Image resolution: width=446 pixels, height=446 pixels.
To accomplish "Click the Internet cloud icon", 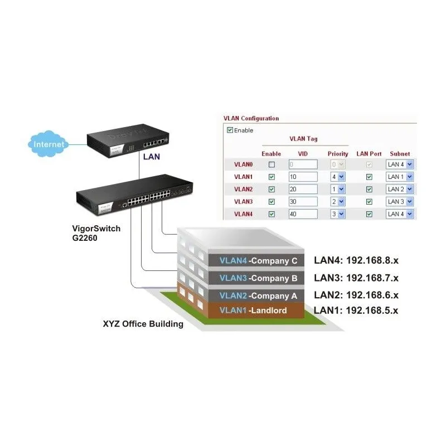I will pyautogui.click(x=49, y=144).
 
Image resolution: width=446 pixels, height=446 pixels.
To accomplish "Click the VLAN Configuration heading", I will pyautogui.click(x=251, y=118).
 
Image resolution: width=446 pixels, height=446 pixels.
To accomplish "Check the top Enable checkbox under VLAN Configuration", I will pyautogui.click(x=230, y=130).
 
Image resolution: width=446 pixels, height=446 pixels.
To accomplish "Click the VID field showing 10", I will pyautogui.click(x=303, y=177).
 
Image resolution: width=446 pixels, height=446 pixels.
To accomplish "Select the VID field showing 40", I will pyautogui.click(x=303, y=214).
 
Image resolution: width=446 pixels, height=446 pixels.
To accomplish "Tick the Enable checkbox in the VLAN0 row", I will pyautogui.click(x=272, y=164).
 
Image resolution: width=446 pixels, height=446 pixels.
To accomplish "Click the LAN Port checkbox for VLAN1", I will pyautogui.click(x=369, y=177).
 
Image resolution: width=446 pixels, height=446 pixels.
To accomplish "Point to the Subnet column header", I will pyautogui.click(x=400, y=153).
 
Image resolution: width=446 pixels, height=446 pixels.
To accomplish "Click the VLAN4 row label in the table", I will pyautogui.click(x=243, y=214).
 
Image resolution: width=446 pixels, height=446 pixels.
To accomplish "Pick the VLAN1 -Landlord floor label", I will pyautogui.click(x=253, y=311).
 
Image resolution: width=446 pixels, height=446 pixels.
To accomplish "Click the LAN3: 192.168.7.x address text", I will pyautogui.click(x=356, y=278).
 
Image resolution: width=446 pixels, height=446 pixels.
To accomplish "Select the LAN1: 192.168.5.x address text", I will pyautogui.click(x=356, y=311).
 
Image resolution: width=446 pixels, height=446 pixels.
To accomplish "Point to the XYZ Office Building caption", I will pyautogui.click(x=143, y=323).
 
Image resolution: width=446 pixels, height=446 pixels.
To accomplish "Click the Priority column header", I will pyautogui.click(x=338, y=153).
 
